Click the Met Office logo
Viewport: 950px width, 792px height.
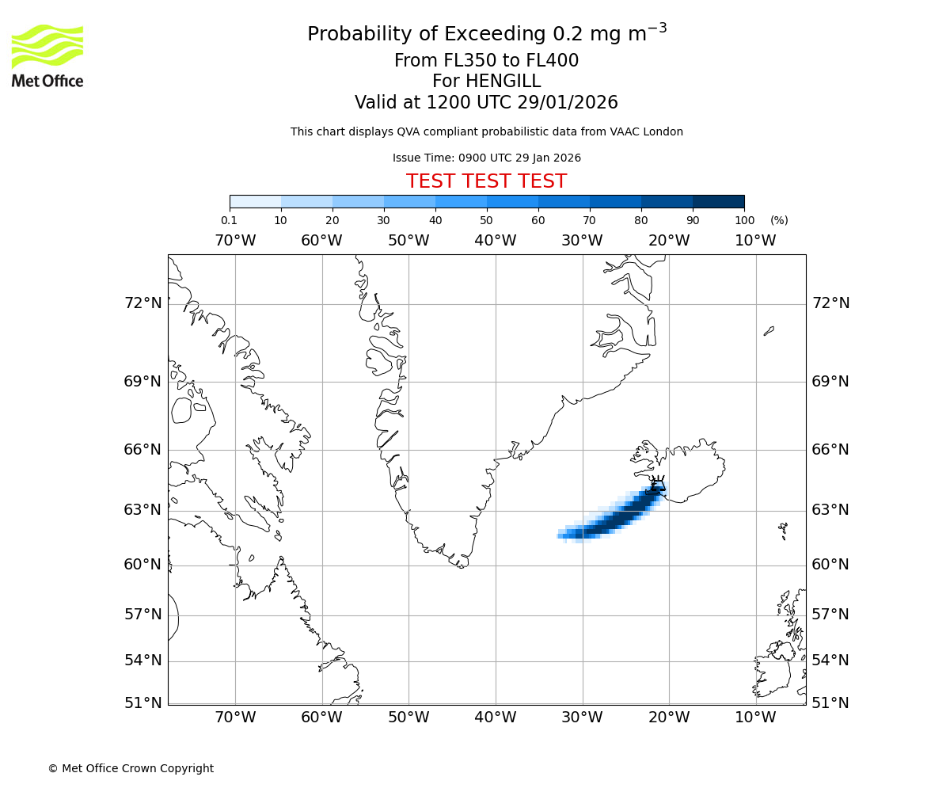coord(47,55)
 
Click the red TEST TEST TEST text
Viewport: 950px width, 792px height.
coord(486,181)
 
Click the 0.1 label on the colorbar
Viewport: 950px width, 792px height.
coord(229,220)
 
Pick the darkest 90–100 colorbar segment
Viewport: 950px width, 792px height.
coord(718,201)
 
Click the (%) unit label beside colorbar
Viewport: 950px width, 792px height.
coord(779,220)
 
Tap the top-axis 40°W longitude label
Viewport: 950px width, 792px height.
coord(496,240)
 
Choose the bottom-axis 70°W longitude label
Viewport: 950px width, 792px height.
coord(235,718)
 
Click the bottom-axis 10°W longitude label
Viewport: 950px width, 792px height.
coord(755,718)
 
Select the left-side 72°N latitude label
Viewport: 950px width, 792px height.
coord(142,303)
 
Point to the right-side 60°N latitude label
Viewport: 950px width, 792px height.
coord(830,565)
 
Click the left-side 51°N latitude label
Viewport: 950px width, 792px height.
coord(142,703)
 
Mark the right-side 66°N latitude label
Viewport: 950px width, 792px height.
coord(830,450)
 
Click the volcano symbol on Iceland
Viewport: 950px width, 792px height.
coord(658,483)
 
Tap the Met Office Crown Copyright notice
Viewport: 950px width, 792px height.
coord(131,768)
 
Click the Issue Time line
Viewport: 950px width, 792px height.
coord(486,158)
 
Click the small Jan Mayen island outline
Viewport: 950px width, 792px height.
coord(769,331)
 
